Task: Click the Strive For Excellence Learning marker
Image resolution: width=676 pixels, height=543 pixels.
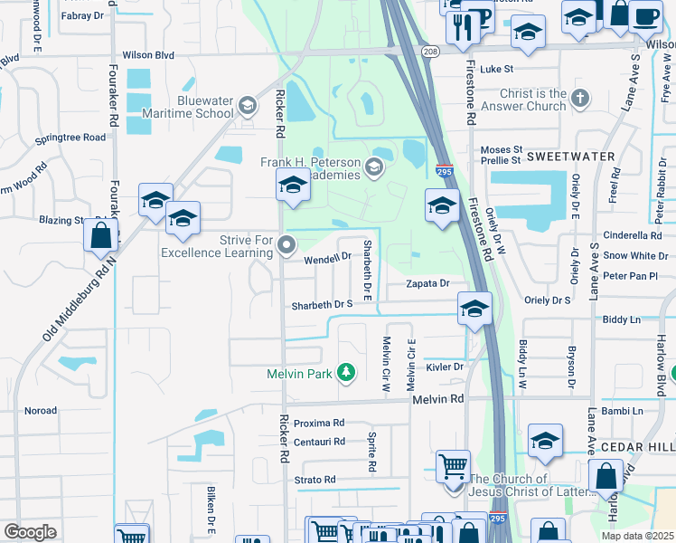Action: pos(287,245)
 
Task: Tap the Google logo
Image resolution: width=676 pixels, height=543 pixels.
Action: pos(30,532)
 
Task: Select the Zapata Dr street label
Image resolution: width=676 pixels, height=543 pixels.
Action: pos(427,283)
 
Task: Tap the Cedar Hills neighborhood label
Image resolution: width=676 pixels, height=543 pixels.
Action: pos(646,447)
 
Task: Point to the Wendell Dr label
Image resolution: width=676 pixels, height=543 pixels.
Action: pos(326,258)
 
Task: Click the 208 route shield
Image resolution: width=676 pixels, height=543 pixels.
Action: pos(430,52)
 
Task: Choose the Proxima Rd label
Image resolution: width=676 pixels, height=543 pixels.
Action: pos(319,423)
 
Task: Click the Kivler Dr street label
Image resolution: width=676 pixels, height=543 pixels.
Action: pos(445,367)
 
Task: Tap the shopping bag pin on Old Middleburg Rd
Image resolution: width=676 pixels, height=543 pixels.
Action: pos(100,236)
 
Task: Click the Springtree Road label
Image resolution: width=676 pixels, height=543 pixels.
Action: pos(70,138)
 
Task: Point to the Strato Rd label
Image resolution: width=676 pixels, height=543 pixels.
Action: pos(315,480)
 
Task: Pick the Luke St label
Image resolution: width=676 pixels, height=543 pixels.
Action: pos(496,69)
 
